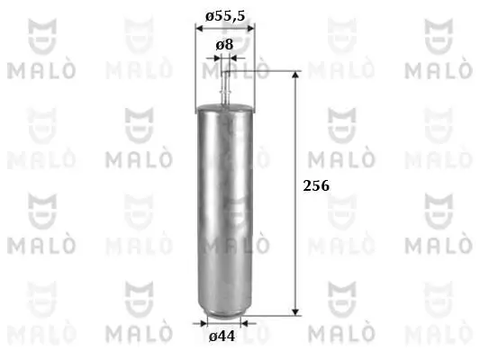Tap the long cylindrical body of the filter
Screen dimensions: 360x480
click(224, 207)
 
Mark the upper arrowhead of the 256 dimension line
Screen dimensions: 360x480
click(296, 76)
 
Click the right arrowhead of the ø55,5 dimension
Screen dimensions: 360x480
click(250, 27)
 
